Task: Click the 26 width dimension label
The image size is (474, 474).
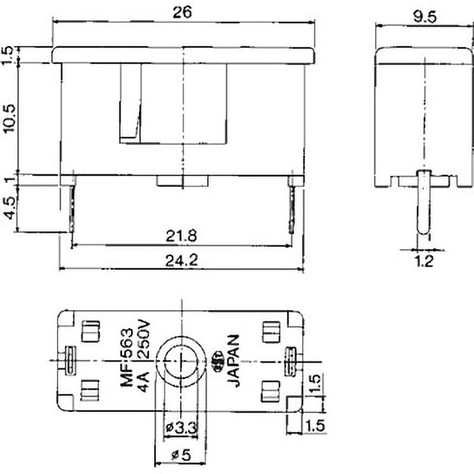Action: (x=182, y=12)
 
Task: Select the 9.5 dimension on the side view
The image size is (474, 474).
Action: (x=425, y=17)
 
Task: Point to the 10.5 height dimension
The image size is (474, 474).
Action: (x=9, y=118)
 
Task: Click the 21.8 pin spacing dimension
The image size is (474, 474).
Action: (x=181, y=235)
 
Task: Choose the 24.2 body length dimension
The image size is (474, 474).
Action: (x=182, y=261)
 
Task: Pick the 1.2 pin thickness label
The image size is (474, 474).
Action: (x=424, y=261)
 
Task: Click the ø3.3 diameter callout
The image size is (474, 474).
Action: (x=181, y=427)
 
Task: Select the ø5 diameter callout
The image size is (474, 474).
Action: (x=181, y=455)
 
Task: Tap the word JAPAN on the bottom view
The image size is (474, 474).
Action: (x=233, y=361)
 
